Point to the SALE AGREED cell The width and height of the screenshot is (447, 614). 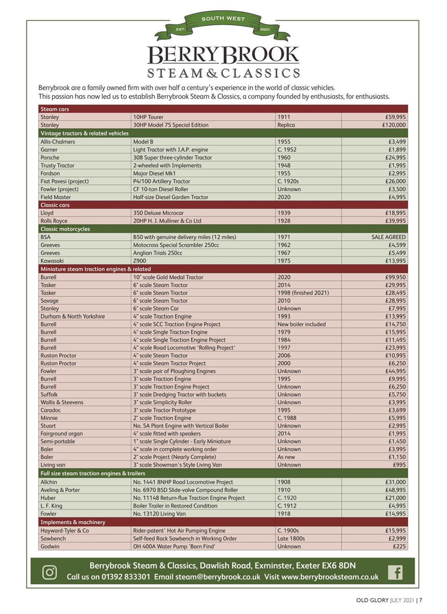pos(388,237)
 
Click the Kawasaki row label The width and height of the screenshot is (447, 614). pos(53,260)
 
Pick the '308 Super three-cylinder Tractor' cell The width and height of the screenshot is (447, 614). pos(172,157)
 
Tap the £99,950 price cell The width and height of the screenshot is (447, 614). pos(395,277)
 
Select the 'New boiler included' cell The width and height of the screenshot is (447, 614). pos(302,324)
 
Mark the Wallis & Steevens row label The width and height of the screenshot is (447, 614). pos(62,402)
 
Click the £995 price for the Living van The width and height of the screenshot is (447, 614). pos(399,465)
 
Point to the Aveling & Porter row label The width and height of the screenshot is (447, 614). pos(60,490)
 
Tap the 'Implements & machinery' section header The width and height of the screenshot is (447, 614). pos(73,522)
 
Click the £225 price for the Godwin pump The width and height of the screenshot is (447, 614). pos(399,546)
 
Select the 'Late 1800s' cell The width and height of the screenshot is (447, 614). pos(291,539)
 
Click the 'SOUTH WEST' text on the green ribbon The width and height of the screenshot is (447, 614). pos(223,19)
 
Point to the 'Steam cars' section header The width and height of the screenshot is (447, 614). pos(55,109)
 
